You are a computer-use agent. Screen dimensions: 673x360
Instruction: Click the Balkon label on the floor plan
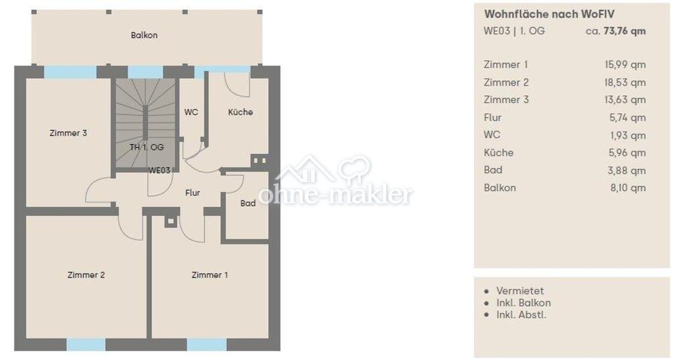[144, 35]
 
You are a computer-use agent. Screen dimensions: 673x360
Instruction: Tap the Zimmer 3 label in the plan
[68, 133]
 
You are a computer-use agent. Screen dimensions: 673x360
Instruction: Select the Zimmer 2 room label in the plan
[86, 275]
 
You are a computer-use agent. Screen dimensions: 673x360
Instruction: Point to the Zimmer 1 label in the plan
[210, 275]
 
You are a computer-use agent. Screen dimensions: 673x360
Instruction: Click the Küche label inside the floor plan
[241, 112]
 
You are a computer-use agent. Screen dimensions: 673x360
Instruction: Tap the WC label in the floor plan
[191, 112]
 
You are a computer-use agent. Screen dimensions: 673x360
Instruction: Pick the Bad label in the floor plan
[248, 203]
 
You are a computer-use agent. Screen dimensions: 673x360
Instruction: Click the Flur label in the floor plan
[193, 192]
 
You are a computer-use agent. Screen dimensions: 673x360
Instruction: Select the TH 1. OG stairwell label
[147, 147]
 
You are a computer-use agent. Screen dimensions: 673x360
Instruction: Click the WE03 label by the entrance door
[159, 170]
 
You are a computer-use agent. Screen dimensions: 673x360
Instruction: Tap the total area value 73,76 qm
[624, 31]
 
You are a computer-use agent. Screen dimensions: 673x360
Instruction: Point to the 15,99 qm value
[626, 65]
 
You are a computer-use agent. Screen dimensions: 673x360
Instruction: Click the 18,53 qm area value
[626, 82]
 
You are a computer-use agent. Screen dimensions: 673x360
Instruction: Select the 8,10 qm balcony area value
[628, 187]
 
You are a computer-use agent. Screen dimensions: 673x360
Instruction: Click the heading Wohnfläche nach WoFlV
[549, 14]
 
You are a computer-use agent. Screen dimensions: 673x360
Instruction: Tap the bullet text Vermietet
[521, 290]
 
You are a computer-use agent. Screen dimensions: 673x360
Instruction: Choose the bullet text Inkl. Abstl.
[521, 315]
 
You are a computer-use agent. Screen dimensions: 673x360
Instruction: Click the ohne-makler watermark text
[336, 194]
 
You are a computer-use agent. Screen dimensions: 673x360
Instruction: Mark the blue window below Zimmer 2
[86, 344]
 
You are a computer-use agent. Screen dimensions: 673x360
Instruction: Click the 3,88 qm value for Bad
[626, 170]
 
